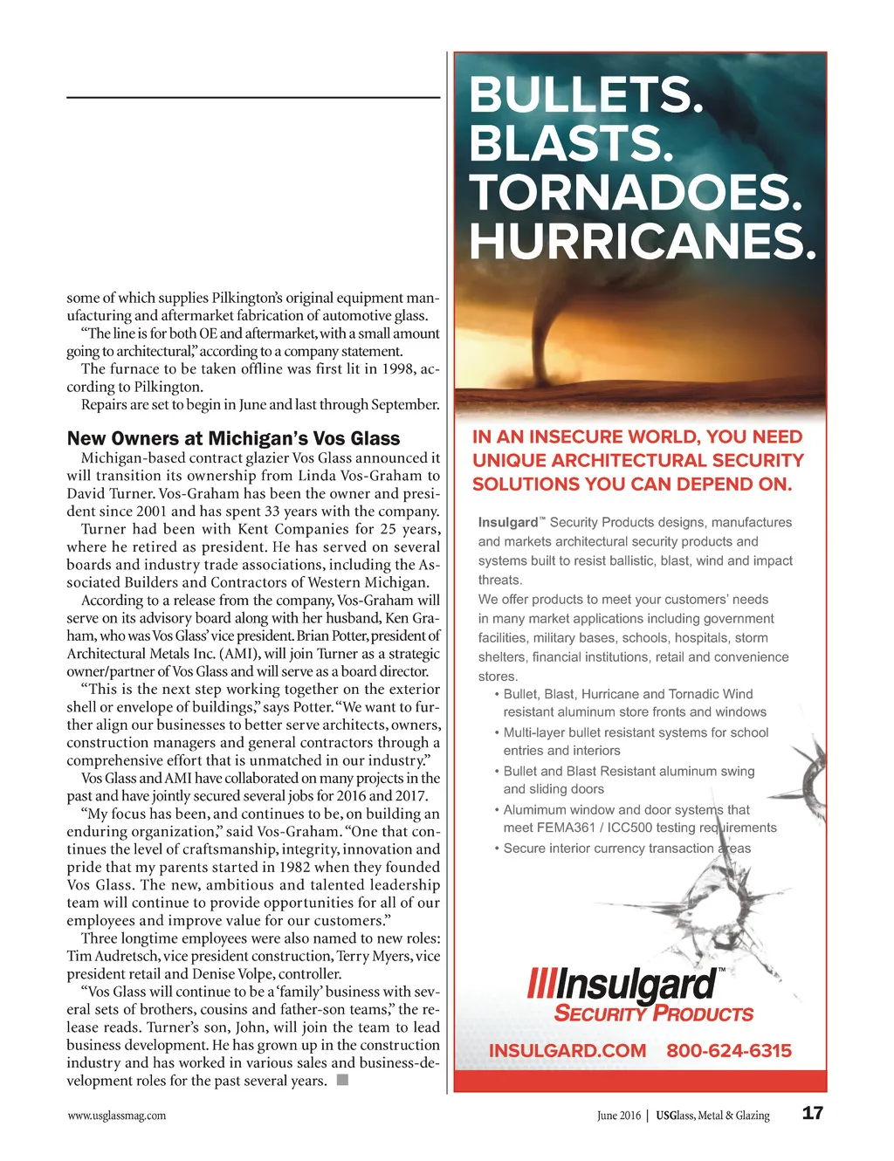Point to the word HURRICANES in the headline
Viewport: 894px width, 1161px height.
643,241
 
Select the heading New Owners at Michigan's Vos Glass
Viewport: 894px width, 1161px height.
233,438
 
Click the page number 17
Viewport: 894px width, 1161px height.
812,1113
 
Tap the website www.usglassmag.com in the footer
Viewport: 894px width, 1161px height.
116,1115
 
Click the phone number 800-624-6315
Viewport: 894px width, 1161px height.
729,1050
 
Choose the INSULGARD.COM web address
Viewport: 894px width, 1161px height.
567,1050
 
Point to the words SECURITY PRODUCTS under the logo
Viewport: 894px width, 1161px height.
654,1013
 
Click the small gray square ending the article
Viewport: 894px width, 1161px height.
342,1081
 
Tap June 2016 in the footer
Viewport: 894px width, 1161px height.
618,1115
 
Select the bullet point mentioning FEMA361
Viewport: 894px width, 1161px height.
638,819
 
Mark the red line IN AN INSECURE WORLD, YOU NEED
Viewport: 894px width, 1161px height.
637,437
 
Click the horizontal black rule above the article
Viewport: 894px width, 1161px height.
253,97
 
